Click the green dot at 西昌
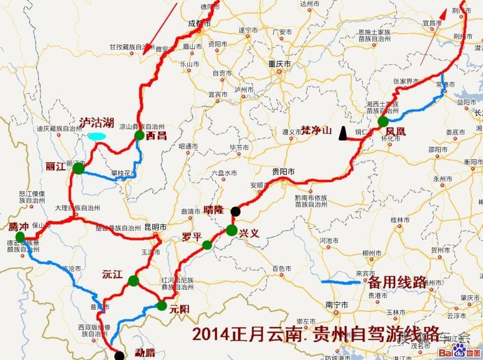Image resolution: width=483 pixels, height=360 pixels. point(139,135)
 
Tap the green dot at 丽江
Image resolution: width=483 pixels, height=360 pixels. point(78,168)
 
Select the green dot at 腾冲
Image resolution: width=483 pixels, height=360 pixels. point(20,237)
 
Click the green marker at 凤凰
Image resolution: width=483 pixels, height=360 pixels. point(383,121)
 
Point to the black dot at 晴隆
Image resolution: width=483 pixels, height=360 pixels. point(235,211)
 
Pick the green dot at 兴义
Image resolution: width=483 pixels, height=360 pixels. point(231,230)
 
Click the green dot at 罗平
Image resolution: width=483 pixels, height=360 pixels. point(207,245)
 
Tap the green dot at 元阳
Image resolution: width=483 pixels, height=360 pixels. point(162,305)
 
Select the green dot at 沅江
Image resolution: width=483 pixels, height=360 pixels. point(133,281)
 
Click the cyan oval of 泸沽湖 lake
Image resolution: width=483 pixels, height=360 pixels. point(95,135)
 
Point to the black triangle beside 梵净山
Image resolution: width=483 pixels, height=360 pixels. point(341,136)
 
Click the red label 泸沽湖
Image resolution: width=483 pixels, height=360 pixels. point(95,123)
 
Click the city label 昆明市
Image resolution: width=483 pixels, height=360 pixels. point(155,227)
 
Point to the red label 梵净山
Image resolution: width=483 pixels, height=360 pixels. point(316,130)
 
